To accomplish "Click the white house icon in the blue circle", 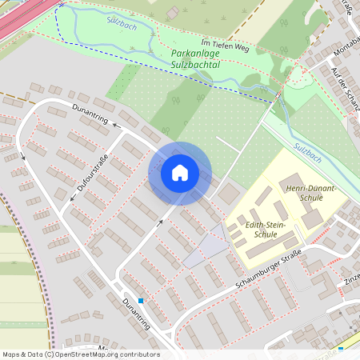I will [x=179, y=172].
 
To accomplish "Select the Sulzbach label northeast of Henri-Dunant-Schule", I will [x=307, y=149].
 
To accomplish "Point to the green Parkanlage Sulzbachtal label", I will [x=196, y=60].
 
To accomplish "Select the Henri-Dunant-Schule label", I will [x=302, y=192].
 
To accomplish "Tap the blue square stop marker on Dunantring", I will [x=142, y=301].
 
